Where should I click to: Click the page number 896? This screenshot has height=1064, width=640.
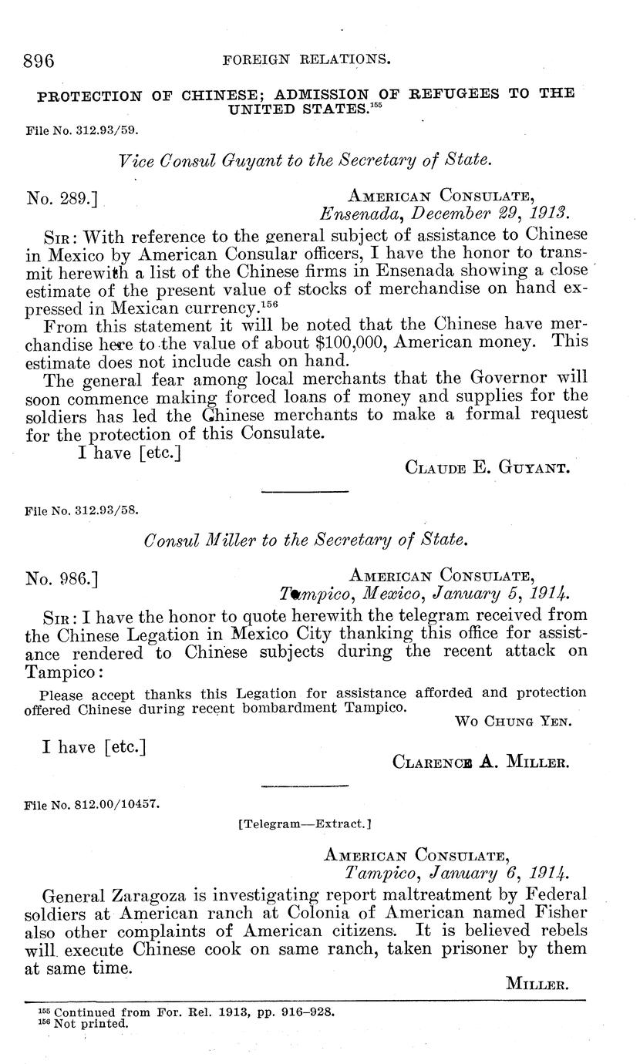pos(39,59)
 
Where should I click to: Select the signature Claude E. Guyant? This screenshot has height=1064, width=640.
pos(487,466)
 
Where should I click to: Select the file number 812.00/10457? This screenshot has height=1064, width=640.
pos(116,803)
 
